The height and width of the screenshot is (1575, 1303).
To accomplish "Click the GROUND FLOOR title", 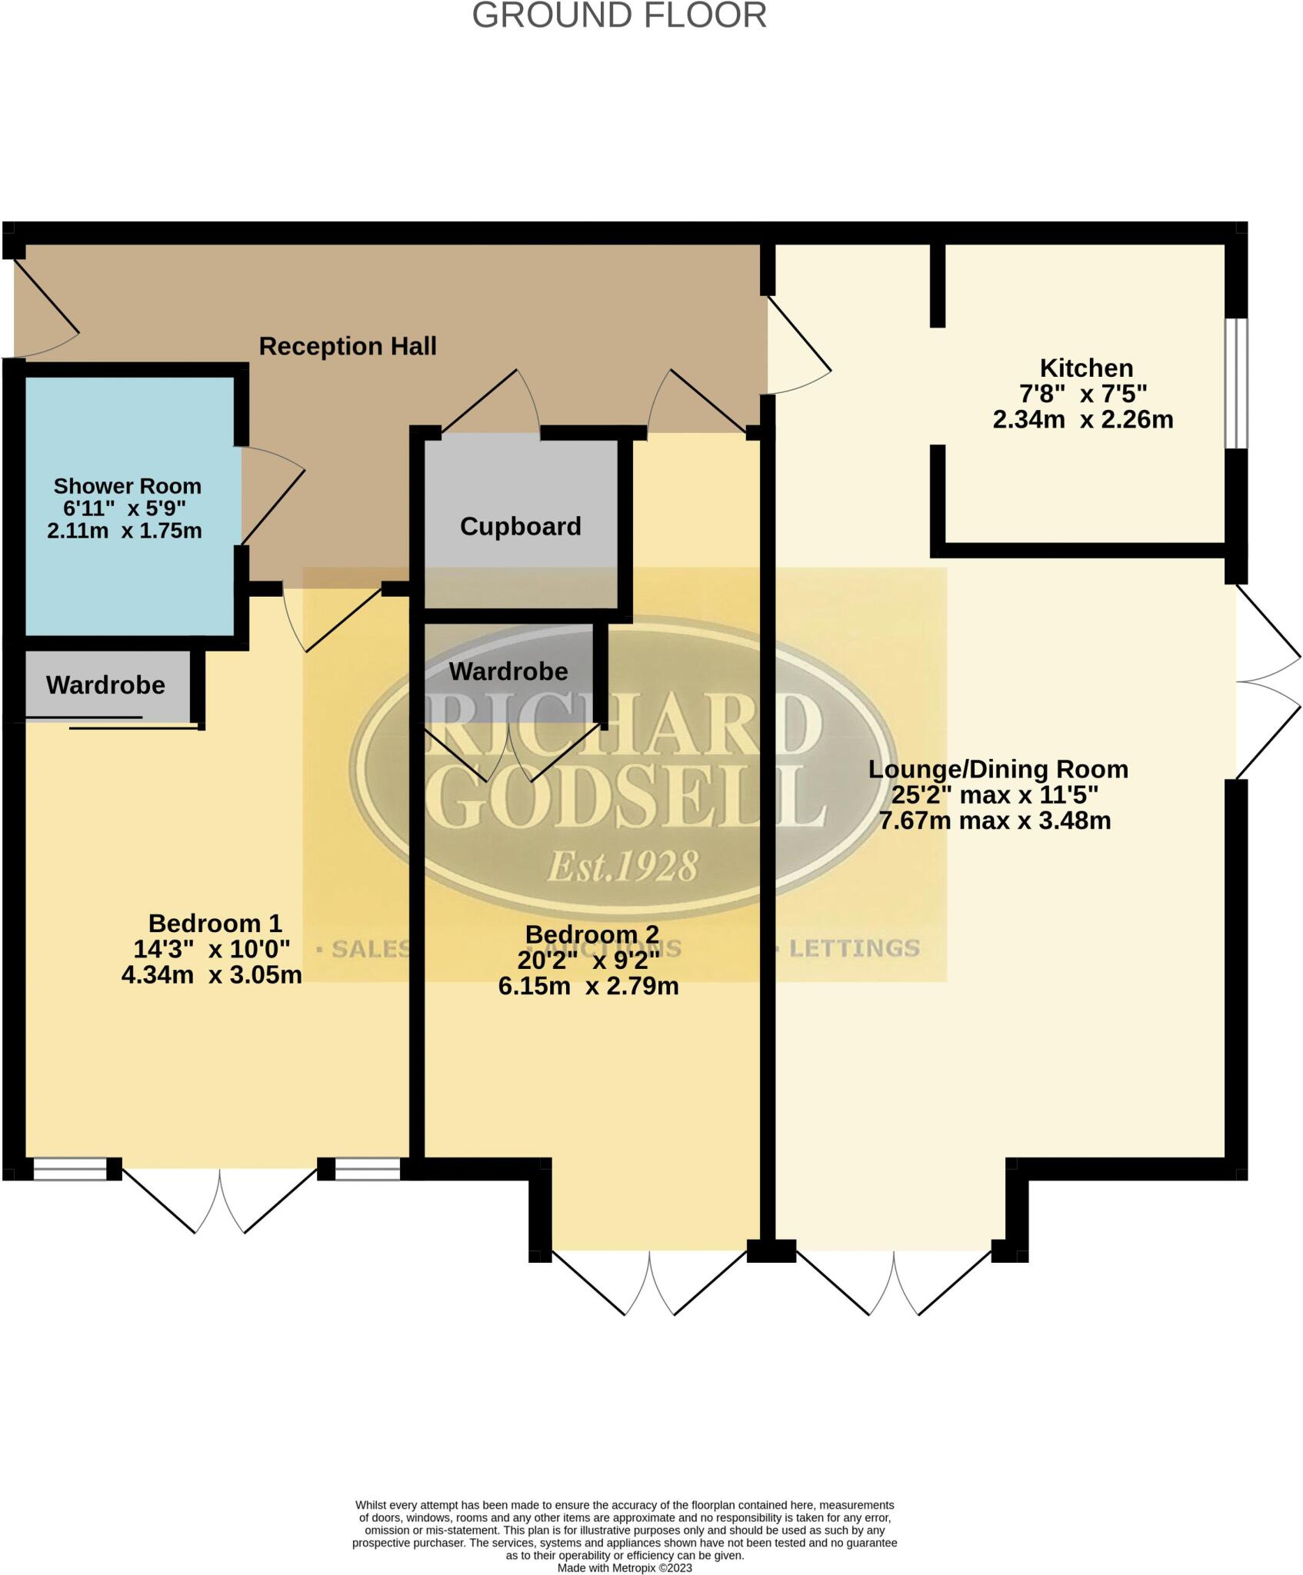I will [x=619, y=15].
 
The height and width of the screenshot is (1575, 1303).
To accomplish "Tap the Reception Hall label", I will [x=348, y=346].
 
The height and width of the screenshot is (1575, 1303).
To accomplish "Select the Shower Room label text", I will [x=128, y=486].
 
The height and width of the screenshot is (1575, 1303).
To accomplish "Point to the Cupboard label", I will [x=521, y=527].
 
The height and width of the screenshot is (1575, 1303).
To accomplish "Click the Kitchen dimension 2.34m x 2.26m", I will [x=1083, y=420].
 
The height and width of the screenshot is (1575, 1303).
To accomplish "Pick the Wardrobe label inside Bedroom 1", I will [x=105, y=685].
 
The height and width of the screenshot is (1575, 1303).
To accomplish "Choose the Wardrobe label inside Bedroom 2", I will [x=508, y=671].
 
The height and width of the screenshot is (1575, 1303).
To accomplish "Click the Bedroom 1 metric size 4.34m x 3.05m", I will [x=212, y=975].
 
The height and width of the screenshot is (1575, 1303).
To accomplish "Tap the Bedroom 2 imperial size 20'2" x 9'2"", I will [x=589, y=961].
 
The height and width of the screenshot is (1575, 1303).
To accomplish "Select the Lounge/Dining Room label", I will [x=998, y=769].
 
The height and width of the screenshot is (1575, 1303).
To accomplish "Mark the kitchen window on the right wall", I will [x=1236, y=383].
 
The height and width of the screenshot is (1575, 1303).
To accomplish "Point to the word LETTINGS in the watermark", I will [x=855, y=948].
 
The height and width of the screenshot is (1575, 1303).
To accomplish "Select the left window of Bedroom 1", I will [x=70, y=1170].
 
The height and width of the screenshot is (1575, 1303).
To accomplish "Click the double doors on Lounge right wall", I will [x=1267, y=681].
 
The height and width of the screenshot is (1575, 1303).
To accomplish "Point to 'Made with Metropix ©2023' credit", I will [x=625, y=1568].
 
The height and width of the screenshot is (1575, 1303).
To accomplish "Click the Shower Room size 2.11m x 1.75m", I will [x=125, y=531].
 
